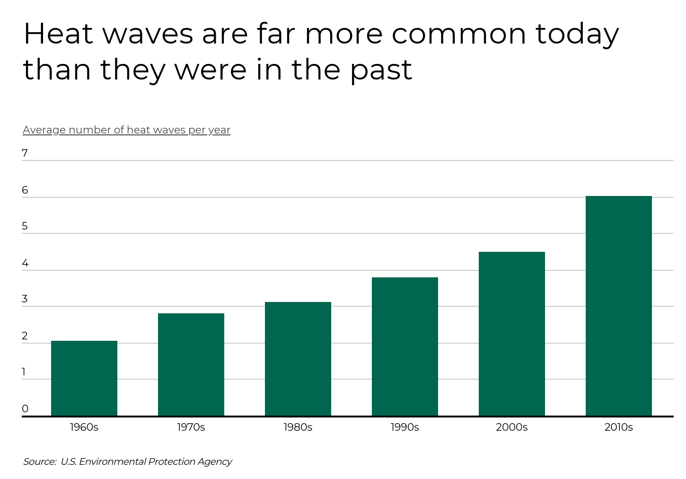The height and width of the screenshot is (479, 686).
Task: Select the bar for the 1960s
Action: click(84, 378)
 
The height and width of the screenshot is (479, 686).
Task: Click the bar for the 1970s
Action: click(191, 364)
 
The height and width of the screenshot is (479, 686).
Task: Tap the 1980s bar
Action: click(298, 359)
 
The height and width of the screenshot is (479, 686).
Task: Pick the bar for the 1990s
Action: click(405, 346)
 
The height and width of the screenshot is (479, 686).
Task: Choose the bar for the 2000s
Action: click(512, 334)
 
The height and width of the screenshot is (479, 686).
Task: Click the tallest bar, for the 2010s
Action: click(619, 306)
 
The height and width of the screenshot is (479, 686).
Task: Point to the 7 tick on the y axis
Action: click(25, 153)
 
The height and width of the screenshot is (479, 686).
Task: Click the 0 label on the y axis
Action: click(25, 409)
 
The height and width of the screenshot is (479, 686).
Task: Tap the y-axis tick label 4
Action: click(25, 263)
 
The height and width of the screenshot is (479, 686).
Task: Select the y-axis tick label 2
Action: click(25, 336)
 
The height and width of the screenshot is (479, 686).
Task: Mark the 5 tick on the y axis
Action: click(25, 226)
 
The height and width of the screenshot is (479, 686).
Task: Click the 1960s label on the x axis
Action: click(84, 427)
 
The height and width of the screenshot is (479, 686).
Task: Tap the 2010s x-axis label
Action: click(618, 427)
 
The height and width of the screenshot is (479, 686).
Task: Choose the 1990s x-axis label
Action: click(405, 427)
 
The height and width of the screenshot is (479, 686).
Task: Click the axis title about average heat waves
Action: click(126, 130)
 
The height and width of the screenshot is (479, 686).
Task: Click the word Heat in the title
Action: click(58, 34)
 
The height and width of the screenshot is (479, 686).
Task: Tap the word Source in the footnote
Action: click(39, 461)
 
